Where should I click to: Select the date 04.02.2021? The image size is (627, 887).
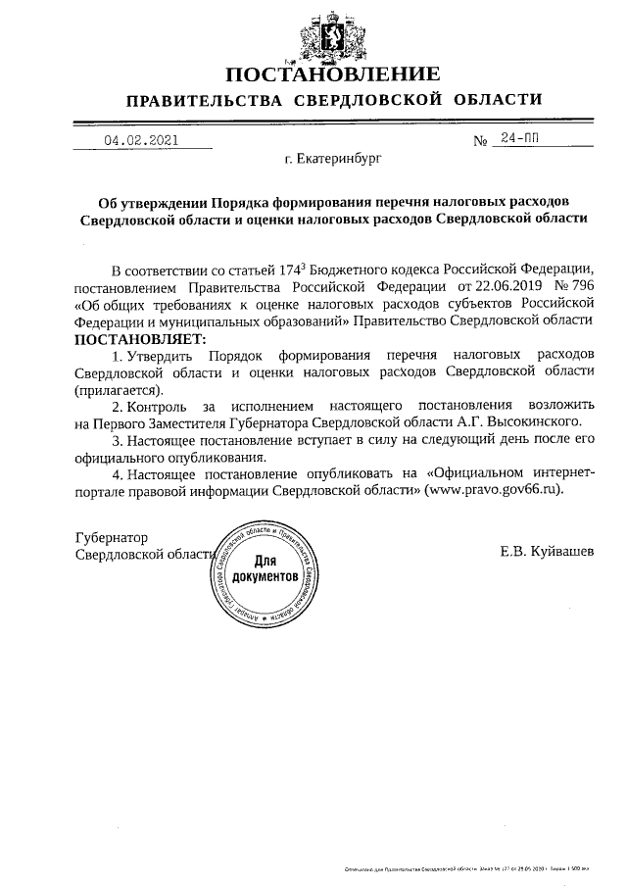142,140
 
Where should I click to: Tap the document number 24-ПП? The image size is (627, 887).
519,139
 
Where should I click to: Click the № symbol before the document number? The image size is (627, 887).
481,141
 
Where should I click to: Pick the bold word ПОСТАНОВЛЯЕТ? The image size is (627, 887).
135,338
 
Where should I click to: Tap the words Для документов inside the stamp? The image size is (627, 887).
265,569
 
